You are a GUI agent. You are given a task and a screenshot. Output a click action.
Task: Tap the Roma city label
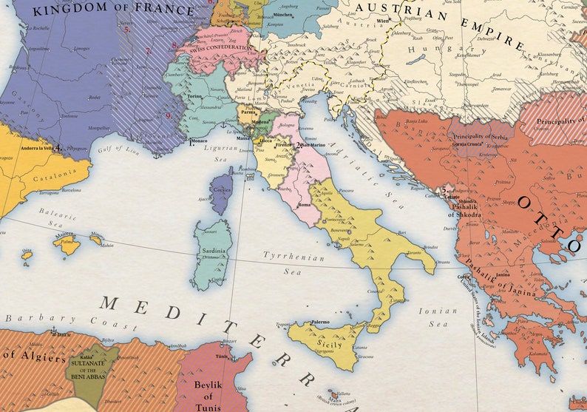(x=304, y=204)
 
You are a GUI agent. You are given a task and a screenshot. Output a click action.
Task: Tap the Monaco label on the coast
(x=199, y=141)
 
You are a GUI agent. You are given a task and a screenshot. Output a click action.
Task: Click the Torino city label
(x=194, y=96)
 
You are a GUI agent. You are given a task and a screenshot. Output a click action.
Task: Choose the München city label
(x=282, y=15)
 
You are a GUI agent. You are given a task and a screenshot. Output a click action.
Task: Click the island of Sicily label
(x=330, y=345)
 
